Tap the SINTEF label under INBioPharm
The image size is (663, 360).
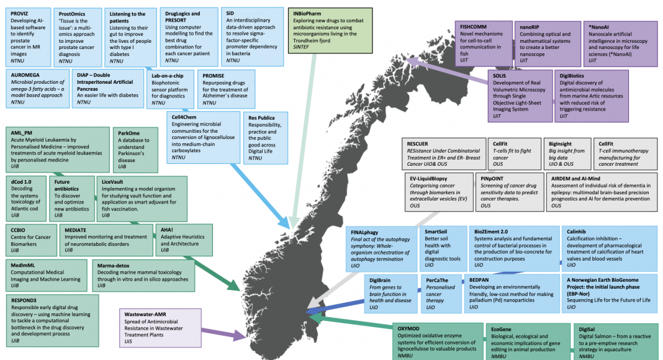coord(303,47)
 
